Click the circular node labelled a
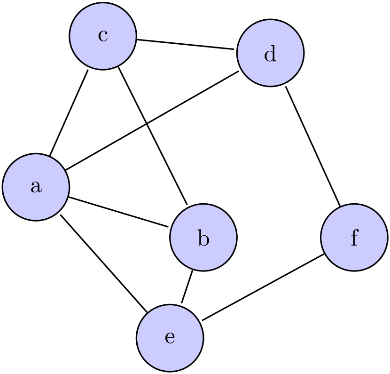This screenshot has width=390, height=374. click(x=36, y=187)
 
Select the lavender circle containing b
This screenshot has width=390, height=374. click(x=203, y=237)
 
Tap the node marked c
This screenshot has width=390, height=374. click(x=103, y=36)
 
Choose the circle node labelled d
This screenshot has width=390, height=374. click(x=270, y=53)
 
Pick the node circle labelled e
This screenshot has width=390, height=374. click(x=170, y=337)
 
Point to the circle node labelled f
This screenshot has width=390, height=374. click(x=354, y=237)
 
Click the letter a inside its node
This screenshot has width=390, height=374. click(x=36, y=187)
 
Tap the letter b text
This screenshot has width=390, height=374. click(x=203, y=238)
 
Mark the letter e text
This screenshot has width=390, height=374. click(x=170, y=338)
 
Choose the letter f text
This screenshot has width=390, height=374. click(x=354, y=238)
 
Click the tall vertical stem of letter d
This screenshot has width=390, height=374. click(x=274, y=53)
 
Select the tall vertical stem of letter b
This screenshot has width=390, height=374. click(x=199, y=238)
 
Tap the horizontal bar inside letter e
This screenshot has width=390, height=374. click(x=170, y=336)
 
